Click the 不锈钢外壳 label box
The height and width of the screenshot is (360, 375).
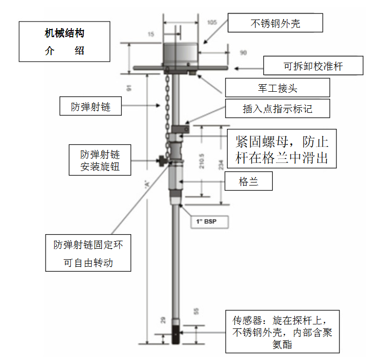[x=275, y=23]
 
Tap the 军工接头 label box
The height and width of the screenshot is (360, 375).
[x=277, y=88]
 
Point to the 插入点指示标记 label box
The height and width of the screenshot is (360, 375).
[x=277, y=108]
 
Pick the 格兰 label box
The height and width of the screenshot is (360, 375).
[x=249, y=182]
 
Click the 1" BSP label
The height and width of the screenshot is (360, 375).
[x=205, y=221]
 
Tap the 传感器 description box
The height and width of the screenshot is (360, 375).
[x=282, y=331]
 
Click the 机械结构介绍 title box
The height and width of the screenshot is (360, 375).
[x=65, y=42]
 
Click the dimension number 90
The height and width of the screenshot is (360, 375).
[x=244, y=52]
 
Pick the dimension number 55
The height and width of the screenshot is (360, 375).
[x=196, y=311]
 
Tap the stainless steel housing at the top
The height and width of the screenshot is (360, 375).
[x=180, y=55]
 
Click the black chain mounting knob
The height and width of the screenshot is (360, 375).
[x=160, y=161]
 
